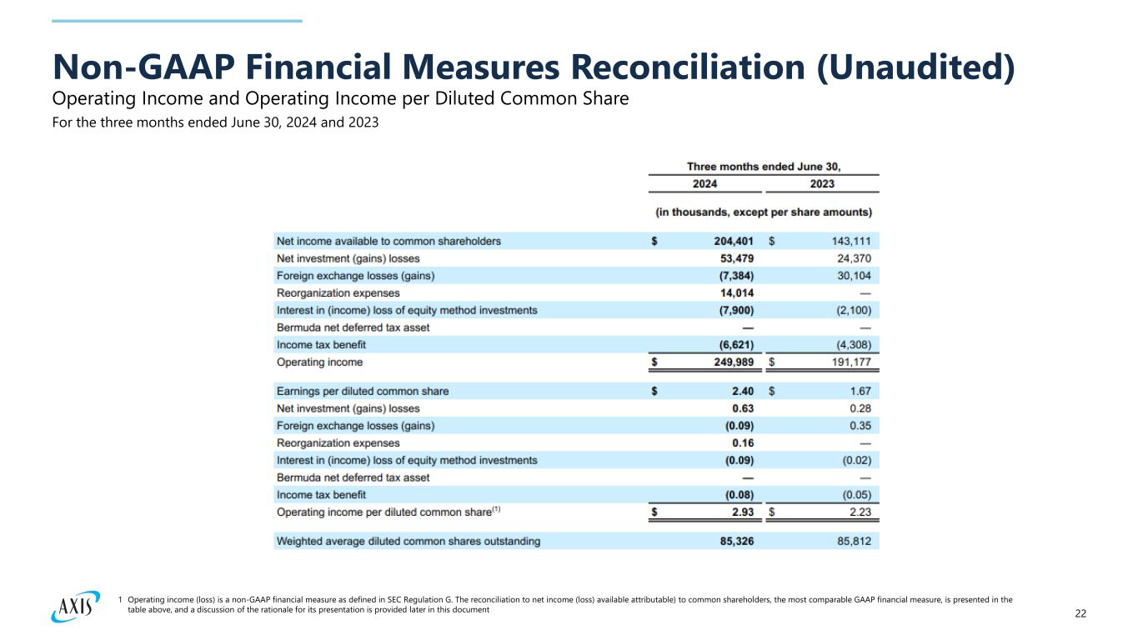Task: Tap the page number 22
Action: [x=1080, y=614]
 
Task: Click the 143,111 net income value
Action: [x=849, y=242]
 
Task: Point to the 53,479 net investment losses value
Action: [x=732, y=258]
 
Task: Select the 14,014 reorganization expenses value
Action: [x=732, y=293]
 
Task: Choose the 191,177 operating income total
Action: [x=849, y=362]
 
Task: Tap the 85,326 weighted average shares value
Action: [x=732, y=542]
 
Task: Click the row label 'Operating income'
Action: [x=319, y=362]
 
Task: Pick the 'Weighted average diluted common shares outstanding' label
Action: [x=408, y=542]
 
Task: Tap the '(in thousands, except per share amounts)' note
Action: [x=765, y=211]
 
